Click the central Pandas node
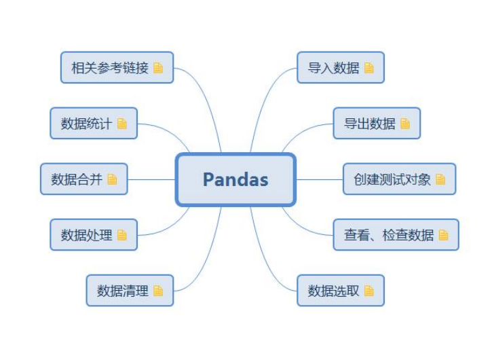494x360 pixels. [235, 179]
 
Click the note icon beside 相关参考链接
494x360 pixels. [158, 68]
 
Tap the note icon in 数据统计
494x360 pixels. [122, 124]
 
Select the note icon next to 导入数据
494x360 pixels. [369, 68]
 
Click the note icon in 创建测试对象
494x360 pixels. [440, 179]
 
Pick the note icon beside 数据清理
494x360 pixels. [158, 291]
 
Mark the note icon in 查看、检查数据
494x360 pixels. [444, 235]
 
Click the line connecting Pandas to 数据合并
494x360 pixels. [151, 179]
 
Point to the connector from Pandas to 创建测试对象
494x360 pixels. [319, 179]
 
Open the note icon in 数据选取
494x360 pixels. [369, 291]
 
